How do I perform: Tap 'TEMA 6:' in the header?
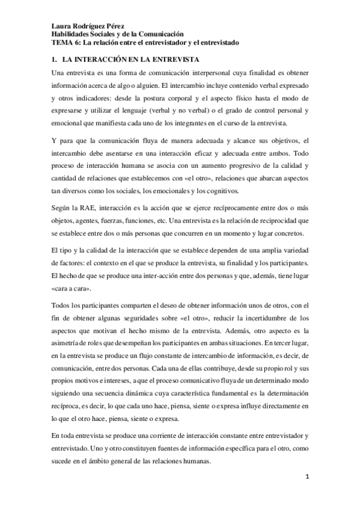[65, 43]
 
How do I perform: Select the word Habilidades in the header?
[69, 35]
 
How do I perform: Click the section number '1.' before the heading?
[54, 60]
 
